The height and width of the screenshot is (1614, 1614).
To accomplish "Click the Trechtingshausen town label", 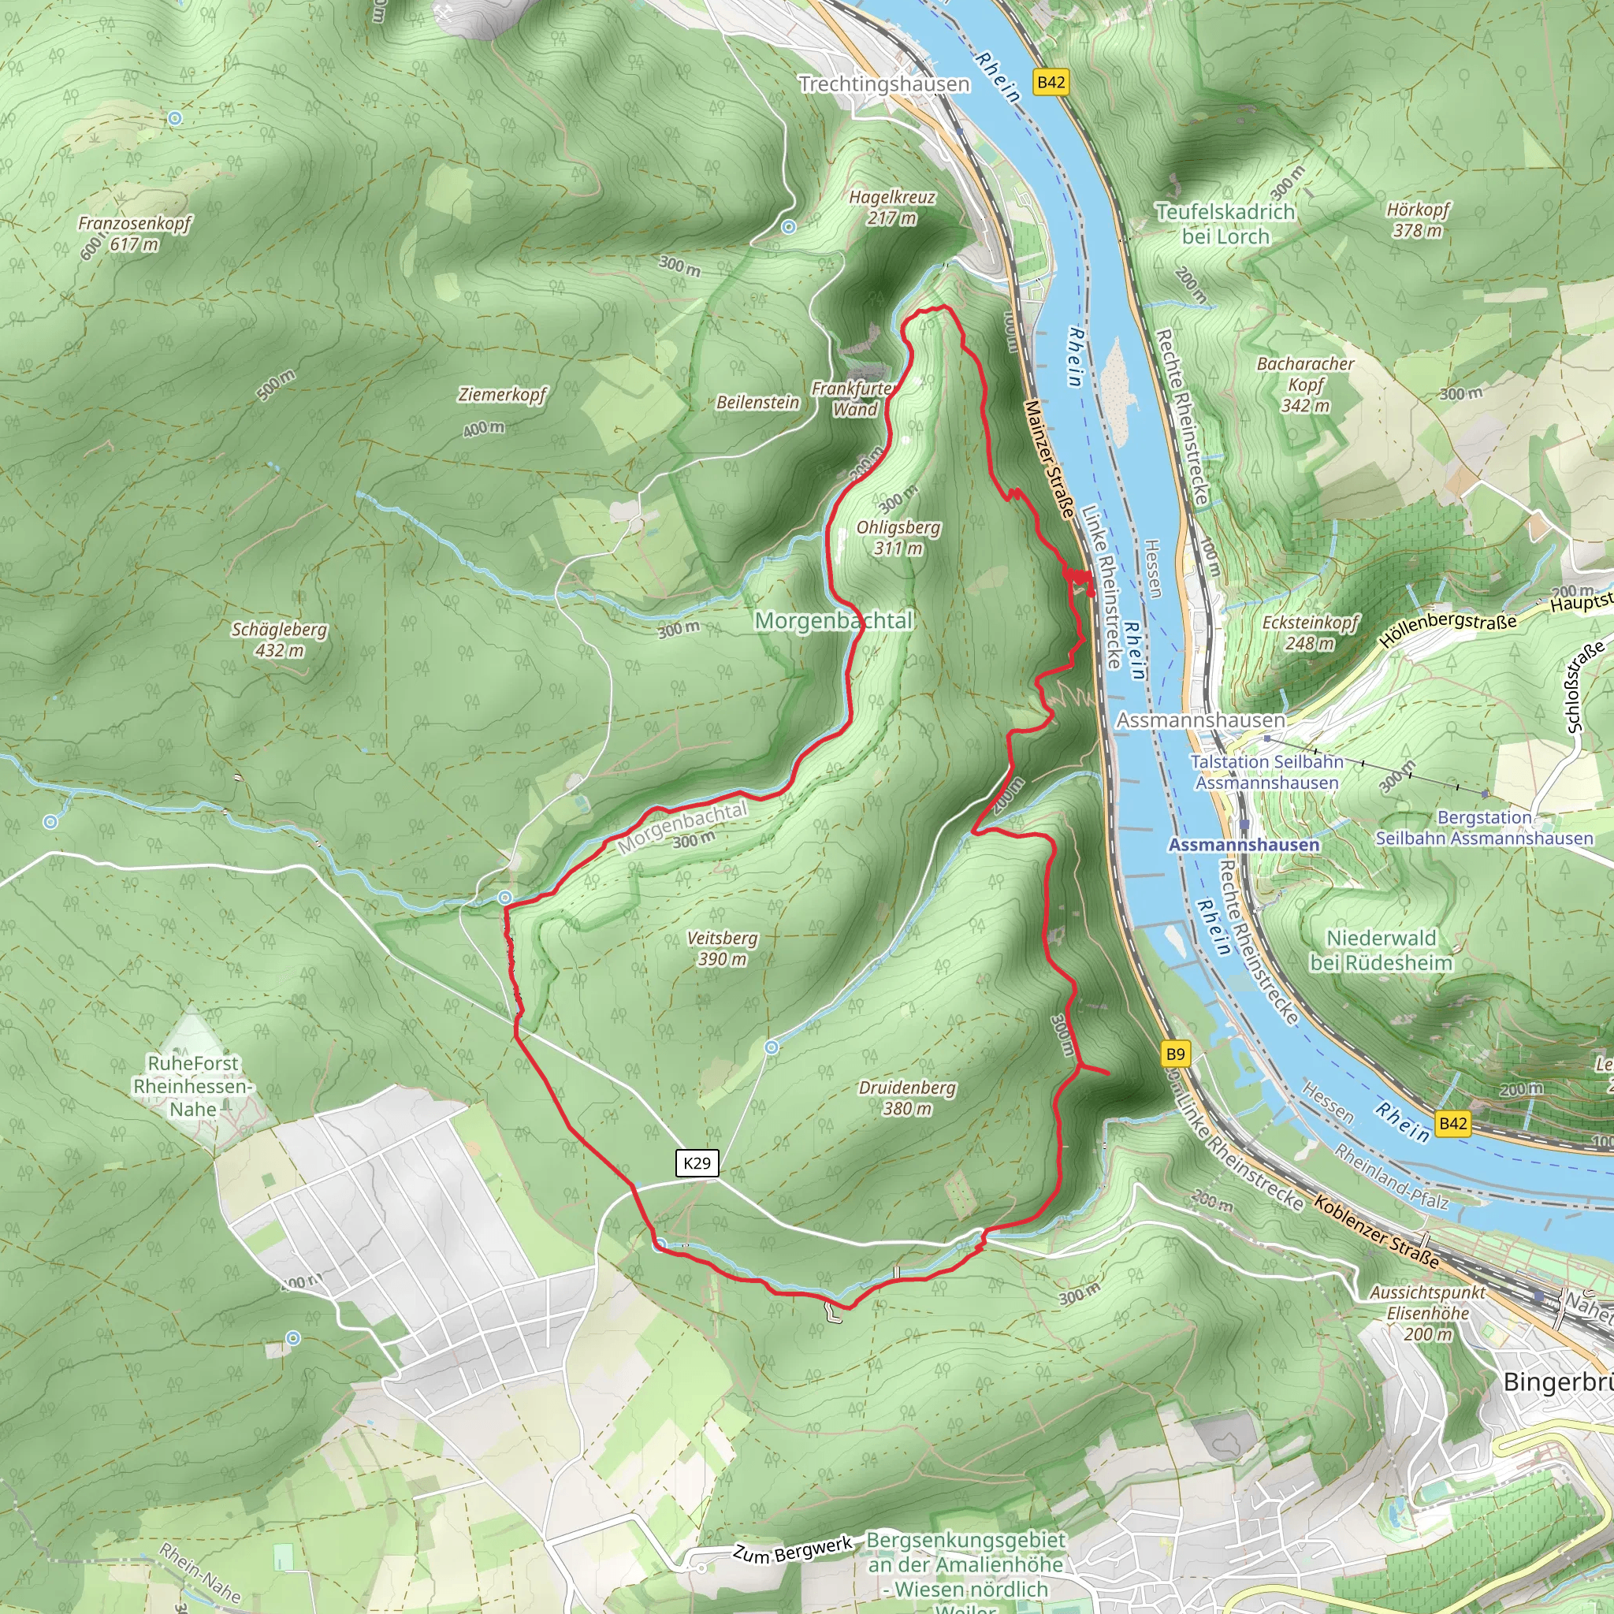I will click(x=884, y=84).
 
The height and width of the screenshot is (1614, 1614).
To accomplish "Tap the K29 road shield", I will click(x=697, y=1163).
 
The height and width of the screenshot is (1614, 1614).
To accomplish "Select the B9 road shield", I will click(x=1174, y=1054).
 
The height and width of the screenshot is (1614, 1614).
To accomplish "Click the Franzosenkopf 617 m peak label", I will click(x=135, y=234).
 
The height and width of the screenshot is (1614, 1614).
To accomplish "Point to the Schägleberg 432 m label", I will click(x=279, y=639).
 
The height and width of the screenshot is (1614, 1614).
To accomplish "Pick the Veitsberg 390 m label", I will click(x=722, y=948).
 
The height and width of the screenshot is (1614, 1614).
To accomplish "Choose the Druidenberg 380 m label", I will click(x=907, y=1098).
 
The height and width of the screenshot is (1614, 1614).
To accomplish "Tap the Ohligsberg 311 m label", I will click(x=898, y=537).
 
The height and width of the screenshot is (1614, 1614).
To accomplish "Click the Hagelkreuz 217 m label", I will click(x=892, y=207).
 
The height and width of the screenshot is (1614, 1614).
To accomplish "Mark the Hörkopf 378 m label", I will click(x=1418, y=220).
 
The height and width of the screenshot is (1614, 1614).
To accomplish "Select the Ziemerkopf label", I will click(x=502, y=394).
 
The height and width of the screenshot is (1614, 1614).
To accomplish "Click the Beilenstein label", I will click(x=757, y=403).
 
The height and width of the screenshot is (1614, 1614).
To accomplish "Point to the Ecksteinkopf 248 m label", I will click(x=1310, y=632).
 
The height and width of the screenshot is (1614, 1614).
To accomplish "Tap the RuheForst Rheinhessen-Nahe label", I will click(x=193, y=1086).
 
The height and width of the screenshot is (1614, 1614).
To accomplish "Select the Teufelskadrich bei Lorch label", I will click(x=1225, y=224).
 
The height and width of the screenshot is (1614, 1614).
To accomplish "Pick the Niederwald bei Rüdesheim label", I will click(x=1381, y=950).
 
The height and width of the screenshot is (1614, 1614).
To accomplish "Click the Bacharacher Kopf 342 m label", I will click(x=1305, y=385).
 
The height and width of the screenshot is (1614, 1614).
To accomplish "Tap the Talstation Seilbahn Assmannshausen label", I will click(x=1266, y=772).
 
